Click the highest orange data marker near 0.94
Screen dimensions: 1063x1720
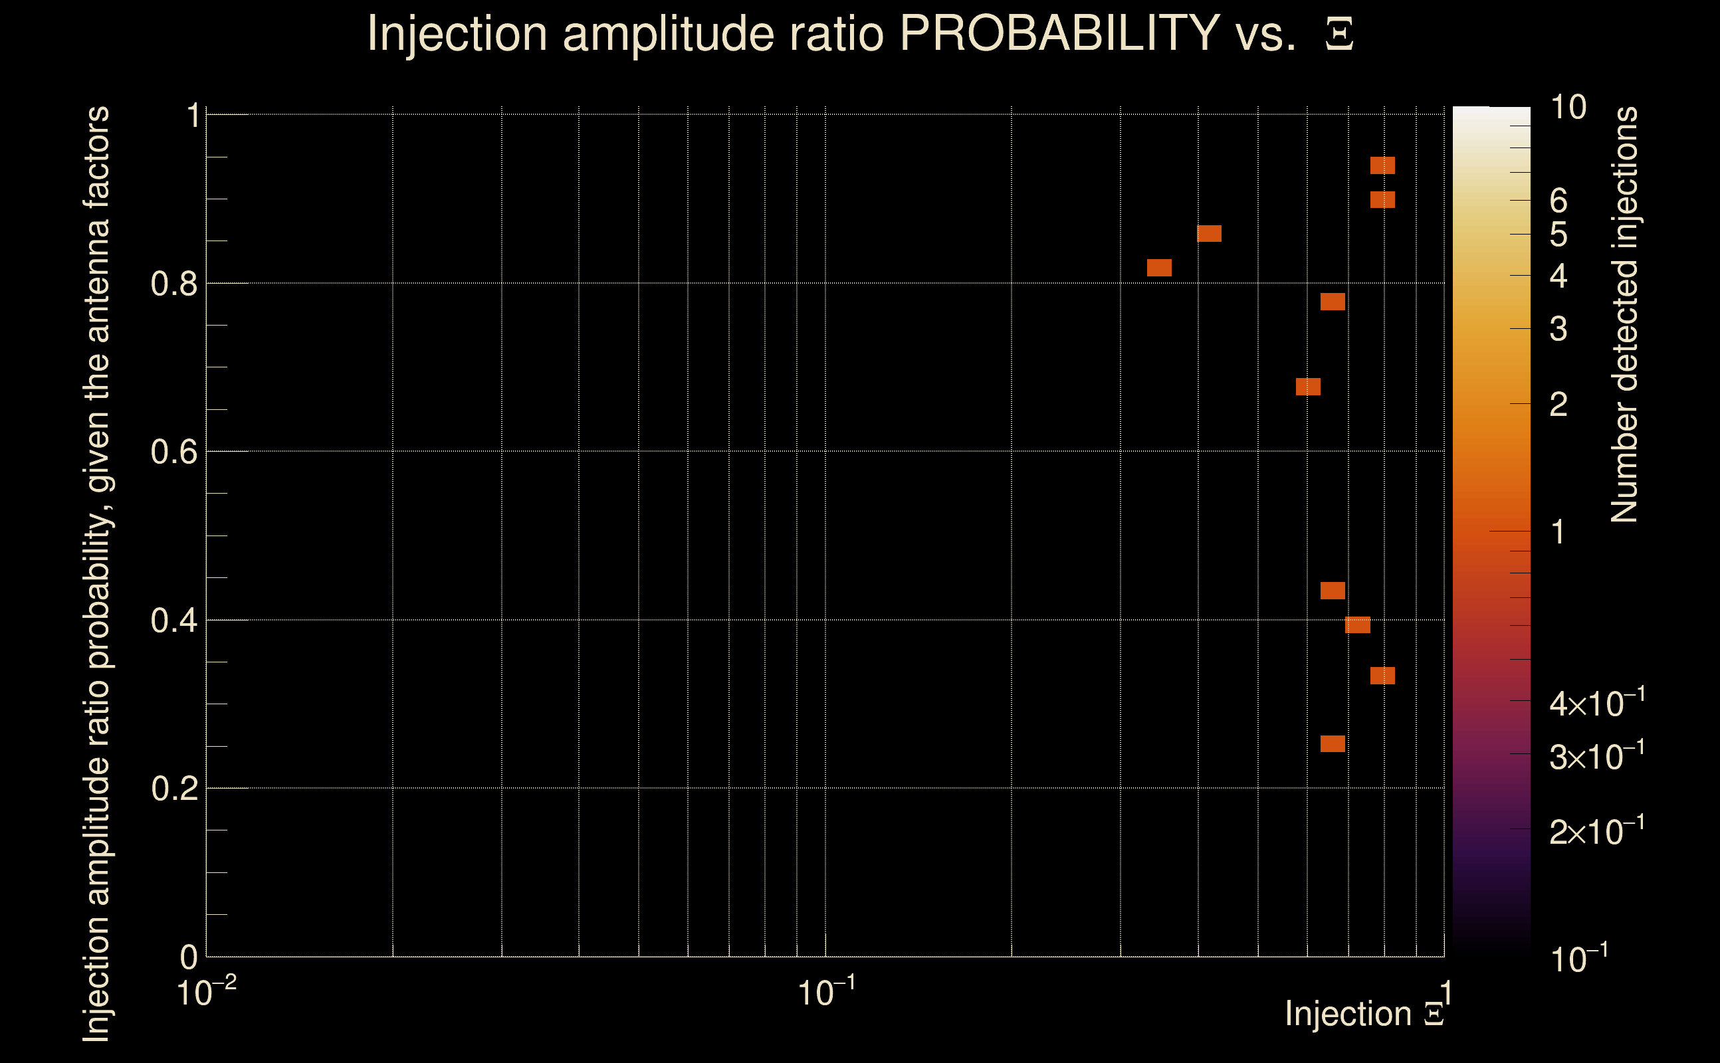[x=1382, y=166]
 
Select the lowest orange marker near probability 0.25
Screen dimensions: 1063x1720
[x=1333, y=744]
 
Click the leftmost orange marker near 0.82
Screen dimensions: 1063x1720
[x=1160, y=268]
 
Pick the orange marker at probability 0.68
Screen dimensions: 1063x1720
[x=1308, y=387]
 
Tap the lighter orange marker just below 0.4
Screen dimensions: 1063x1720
[x=1358, y=625]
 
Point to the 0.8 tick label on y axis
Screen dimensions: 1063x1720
[x=174, y=284]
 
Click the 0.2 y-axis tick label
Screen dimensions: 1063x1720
[x=174, y=789]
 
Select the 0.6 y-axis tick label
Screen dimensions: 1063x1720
[x=174, y=452]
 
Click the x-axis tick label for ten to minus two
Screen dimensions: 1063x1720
[x=206, y=993]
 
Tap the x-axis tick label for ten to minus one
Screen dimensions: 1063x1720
[x=826, y=993]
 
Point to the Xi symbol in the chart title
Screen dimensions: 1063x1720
[x=1340, y=35]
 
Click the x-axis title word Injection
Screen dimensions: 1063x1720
[x=1348, y=1014]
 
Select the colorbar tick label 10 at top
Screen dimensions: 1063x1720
[x=1568, y=108]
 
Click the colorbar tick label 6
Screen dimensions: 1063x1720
[x=1559, y=201]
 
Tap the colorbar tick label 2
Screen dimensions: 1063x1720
[x=1559, y=404]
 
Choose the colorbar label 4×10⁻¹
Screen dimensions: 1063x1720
[x=1596, y=704]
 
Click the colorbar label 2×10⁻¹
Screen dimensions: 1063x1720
[x=1596, y=832]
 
